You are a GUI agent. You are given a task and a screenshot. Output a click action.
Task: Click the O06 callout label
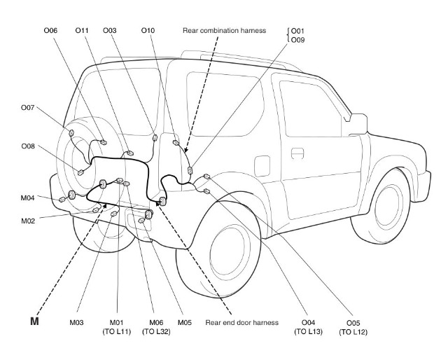[50, 30]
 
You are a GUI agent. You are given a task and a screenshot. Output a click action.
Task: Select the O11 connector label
[82, 30]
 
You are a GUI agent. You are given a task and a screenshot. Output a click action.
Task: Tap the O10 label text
[148, 30]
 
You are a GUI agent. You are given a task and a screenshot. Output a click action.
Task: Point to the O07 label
[28, 108]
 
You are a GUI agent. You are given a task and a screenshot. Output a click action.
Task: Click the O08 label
[28, 146]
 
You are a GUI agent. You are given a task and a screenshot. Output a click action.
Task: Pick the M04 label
[27, 198]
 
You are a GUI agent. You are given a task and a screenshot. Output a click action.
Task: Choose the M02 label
[28, 221]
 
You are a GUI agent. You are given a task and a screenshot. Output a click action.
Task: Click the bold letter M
[34, 321]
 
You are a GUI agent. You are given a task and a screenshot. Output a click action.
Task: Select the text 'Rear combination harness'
[224, 31]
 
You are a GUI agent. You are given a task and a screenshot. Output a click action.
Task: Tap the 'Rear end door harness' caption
[241, 323]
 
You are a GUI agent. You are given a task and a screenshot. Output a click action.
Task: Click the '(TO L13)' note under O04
[308, 332]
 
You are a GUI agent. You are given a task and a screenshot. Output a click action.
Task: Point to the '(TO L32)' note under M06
[156, 332]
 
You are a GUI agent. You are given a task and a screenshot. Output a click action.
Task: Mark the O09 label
[297, 40]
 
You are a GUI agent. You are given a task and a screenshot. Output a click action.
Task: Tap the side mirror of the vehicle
[356, 124]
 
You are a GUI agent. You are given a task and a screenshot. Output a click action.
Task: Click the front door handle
[297, 153]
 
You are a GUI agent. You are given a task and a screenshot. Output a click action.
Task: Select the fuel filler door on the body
[262, 165]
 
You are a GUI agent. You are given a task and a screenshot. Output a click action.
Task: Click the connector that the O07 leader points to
[71, 133]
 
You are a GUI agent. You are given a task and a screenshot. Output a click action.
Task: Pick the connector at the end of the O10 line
[176, 142]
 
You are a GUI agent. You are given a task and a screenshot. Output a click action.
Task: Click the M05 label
[185, 323]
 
